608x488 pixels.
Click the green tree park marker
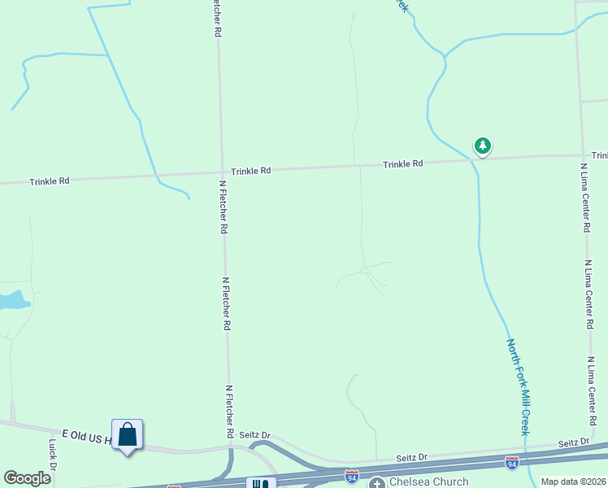[x=483, y=146]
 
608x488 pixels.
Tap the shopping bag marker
[x=128, y=435]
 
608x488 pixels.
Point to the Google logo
[x=27, y=477]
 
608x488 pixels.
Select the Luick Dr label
[x=52, y=455]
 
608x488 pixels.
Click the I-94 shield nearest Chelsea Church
[x=351, y=473]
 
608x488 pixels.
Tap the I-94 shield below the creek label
[x=512, y=462]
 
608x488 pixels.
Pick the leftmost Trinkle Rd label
[x=50, y=181]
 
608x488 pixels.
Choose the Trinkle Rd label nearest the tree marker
[x=403, y=164]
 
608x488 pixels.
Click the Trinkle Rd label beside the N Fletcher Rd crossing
[x=250, y=171]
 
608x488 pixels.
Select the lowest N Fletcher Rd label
[x=230, y=411]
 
